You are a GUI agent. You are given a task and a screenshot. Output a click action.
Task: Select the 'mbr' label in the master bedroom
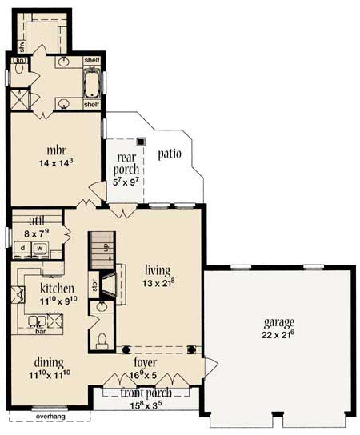coord(55,150)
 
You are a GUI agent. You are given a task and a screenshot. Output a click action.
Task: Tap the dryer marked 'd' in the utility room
coord(23,248)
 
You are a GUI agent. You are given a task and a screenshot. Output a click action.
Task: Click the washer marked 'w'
coord(38,248)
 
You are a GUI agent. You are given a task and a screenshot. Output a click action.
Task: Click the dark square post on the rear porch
coord(142,142)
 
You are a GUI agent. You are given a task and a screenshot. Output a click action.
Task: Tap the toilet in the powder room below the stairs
coord(101,342)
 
